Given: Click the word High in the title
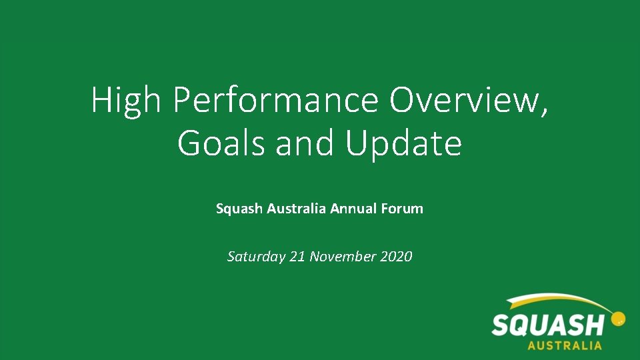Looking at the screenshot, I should tap(126, 101).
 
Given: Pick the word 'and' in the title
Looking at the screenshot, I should tap(307, 143).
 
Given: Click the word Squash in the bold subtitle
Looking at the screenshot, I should tap(239, 209).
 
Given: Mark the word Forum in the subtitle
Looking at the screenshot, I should tap(402, 209).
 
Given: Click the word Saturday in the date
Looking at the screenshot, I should tap(257, 257).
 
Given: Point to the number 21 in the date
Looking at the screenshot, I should tap(297, 256).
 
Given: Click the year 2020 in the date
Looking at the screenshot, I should tap(397, 256).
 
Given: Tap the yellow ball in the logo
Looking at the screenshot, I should tap(618, 319).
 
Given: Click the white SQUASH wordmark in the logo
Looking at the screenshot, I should tap(547, 326).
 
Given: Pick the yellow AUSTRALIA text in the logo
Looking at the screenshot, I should tap(564, 346).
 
